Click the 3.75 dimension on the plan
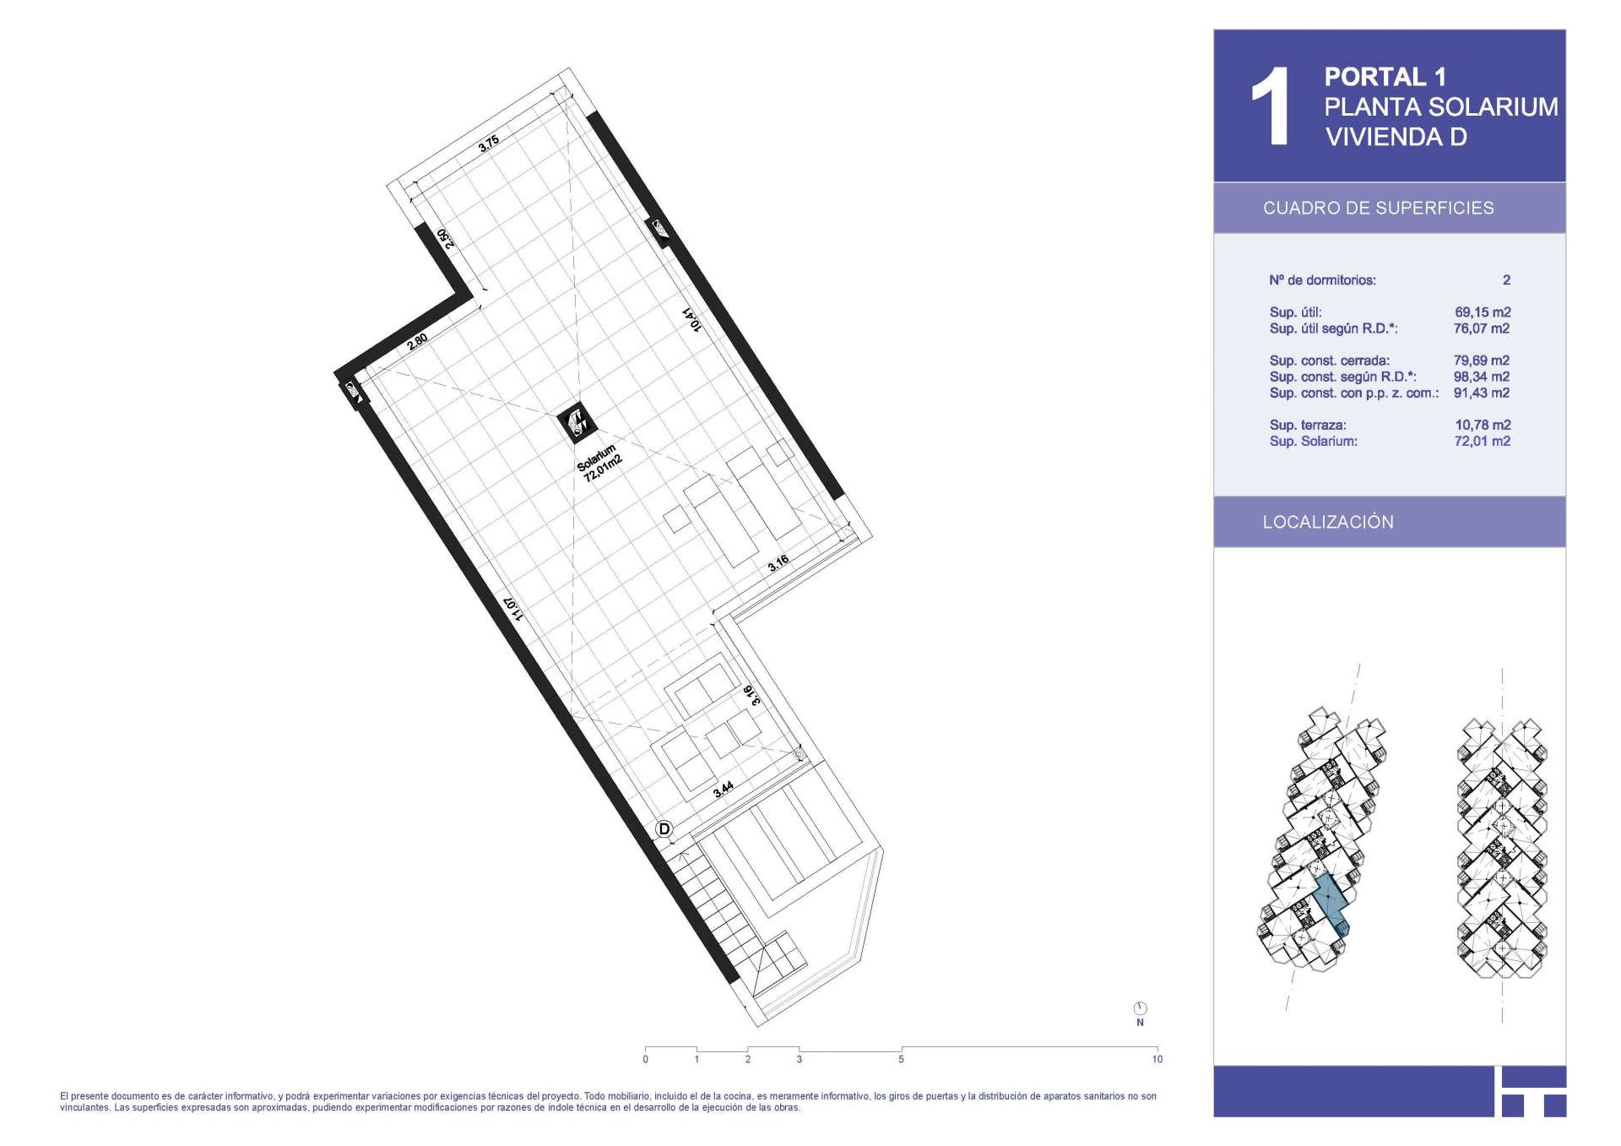pyautogui.click(x=489, y=144)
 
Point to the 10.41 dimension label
pyautogui.click(x=691, y=319)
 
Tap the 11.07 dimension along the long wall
pyautogui.click(x=512, y=608)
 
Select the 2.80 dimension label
pyautogui.click(x=417, y=341)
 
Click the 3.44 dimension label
pyautogui.click(x=724, y=790)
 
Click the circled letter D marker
pyautogui.click(x=664, y=829)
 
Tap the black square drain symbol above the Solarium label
pyautogui.click(x=578, y=422)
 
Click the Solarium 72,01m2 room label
pyautogui.click(x=599, y=464)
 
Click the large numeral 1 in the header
pyautogui.click(x=1270, y=106)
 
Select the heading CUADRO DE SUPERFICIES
pyautogui.click(x=1378, y=208)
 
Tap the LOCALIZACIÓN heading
pyautogui.click(x=1328, y=522)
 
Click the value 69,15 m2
pyautogui.click(x=1483, y=312)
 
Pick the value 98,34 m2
pyautogui.click(x=1482, y=377)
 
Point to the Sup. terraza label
pyautogui.click(x=1308, y=425)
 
